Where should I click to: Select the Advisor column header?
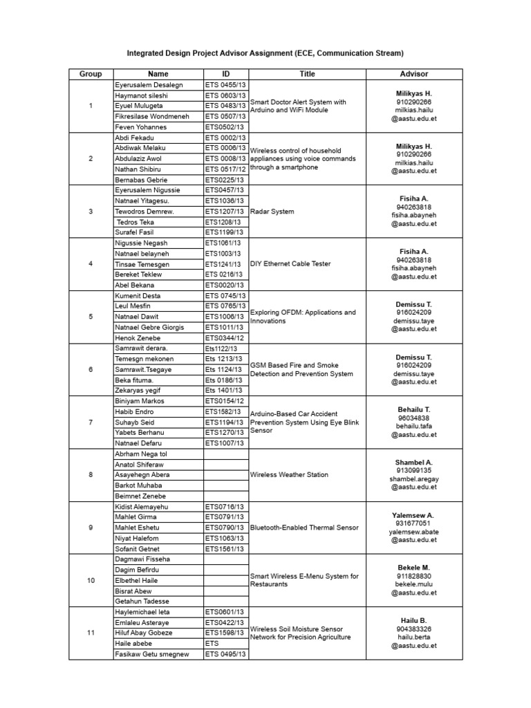click(x=414, y=74)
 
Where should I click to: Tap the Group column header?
click(x=91, y=74)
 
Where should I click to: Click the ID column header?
click(x=225, y=74)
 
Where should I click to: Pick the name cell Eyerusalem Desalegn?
click(x=149, y=84)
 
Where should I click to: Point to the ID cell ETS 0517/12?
click(x=225, y=169)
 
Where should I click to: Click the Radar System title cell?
click(x=272, y=212)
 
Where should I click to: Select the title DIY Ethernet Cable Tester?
click(x=290, y=264)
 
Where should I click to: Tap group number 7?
click(x=91, y=422)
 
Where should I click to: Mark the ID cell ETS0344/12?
click(x=224, y=337)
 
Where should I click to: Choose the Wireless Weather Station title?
click(x=289, y=475)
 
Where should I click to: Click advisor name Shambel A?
click(x=414, y=462)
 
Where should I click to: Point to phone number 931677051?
click(x=414, y=523)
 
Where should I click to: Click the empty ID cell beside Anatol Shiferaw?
click(x=225, y=465)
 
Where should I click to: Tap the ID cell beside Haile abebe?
click(x=225, y=644)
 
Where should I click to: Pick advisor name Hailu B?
click(x=414, y=620)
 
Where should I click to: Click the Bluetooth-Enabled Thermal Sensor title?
click(x=304, y=528)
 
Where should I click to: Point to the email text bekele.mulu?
click(x=414, y=584)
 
